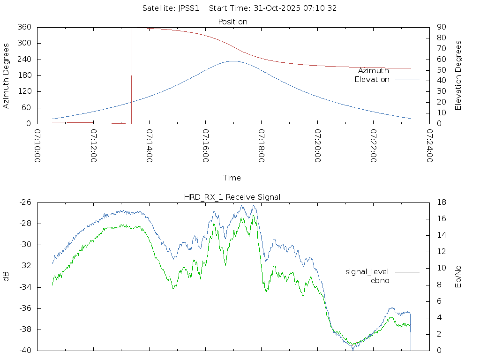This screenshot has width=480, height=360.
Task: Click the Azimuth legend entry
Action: click(374, 71)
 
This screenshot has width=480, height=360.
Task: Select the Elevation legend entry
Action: click(372, 80)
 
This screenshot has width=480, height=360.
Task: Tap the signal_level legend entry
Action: click(367, 272)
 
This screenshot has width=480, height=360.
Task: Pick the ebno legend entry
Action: click(380, 281)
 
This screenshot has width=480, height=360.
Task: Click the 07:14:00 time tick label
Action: click(150, 146)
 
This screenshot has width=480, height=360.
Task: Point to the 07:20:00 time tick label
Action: click(317, 146)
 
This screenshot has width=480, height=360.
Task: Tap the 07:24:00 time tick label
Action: click(429, 146)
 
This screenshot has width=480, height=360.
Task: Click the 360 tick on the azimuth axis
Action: click(24, 27)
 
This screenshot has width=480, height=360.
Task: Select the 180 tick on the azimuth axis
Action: click(24, 75)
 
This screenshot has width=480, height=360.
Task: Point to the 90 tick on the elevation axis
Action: click(441, 27)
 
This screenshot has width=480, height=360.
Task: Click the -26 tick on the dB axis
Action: click(25, 202)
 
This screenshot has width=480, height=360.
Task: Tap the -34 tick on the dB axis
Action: click(25, 287)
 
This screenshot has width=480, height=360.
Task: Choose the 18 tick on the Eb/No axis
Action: click(441, 202)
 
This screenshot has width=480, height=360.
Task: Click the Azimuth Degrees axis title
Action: click(7, 75)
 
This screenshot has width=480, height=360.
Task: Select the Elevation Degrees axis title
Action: click(458, 75)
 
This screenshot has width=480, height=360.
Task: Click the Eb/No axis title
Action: click(458, 277)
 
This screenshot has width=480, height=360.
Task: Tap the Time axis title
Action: click(232, 178)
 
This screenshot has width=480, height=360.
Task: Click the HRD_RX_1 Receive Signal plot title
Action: click(232, 197)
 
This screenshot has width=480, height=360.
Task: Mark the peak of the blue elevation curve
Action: click(233, 61)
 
